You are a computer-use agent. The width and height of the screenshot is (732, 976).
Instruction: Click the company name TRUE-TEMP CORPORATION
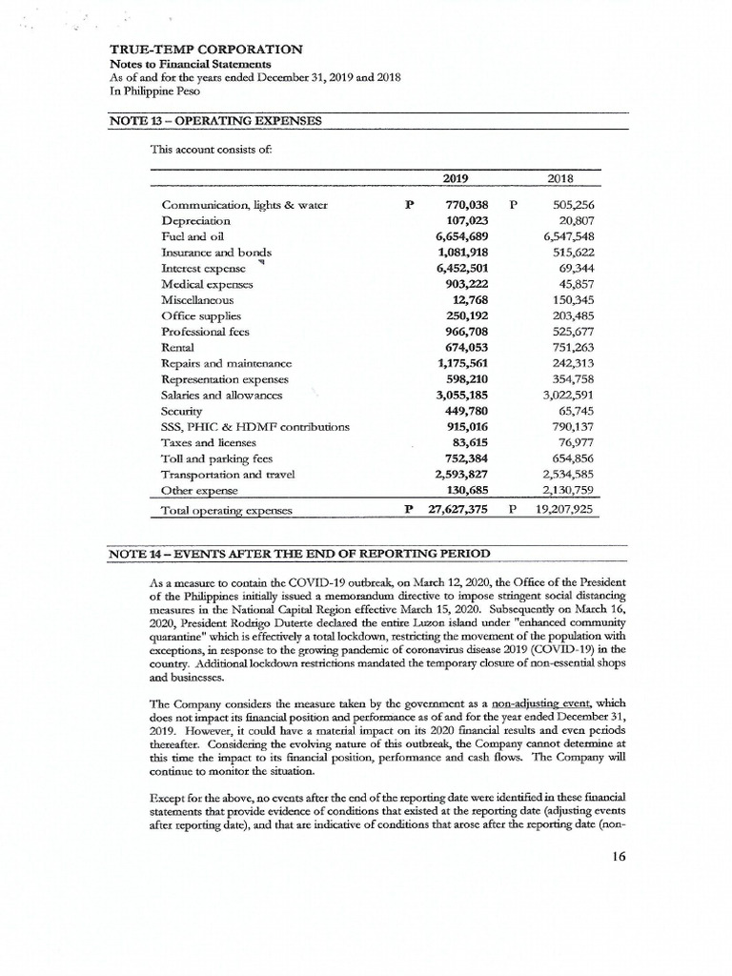(x=207, y=49)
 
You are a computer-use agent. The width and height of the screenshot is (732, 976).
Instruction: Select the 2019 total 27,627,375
(x=453, y=509)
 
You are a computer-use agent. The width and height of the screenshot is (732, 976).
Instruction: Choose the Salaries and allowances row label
(x=223, y=394)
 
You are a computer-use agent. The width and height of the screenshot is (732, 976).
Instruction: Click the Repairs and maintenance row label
(x=227, y=362)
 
